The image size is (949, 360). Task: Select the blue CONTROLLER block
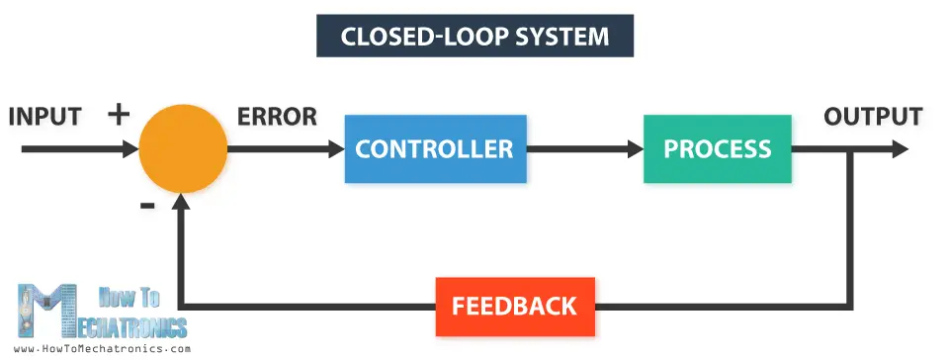pos(435,149)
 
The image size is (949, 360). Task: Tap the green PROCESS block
pos(717,149)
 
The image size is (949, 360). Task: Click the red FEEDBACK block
pos(514,306)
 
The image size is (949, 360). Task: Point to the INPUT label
pos(44,117)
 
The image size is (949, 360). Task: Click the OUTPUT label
pos(873,117)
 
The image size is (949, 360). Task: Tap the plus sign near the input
pos(119,114)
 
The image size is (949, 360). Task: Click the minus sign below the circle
pos(147,205)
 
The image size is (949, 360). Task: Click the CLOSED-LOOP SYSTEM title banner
pos(474,37)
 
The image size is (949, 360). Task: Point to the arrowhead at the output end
pos(900,149)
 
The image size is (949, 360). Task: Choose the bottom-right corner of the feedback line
pos(850,305)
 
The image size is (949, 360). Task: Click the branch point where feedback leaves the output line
pos(850,149)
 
